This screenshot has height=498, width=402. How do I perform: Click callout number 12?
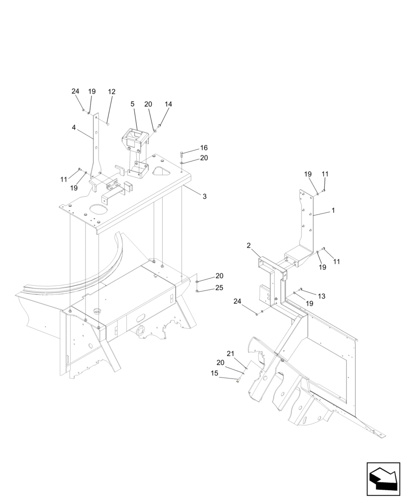click(111, 92)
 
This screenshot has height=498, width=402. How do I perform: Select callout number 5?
click(132, 104)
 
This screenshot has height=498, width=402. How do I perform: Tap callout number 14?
click(168, 105)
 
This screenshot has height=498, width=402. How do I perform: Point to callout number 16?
click(204, 148)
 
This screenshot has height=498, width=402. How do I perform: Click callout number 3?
click(204, 197)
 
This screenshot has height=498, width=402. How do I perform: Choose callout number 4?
click(74, 127)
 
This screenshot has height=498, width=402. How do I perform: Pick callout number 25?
click(219, 288)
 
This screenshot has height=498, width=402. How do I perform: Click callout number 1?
click(333, 211)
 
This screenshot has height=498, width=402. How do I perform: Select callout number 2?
click(248, 246)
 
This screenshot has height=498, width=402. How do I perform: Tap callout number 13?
click(321, 296)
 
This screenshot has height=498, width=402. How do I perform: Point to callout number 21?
click(230, 354)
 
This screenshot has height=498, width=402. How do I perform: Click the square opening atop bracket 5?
click(134, 134)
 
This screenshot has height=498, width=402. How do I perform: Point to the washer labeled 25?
click(198, 291)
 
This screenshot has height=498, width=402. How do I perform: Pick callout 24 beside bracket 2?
click(237, 301)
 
